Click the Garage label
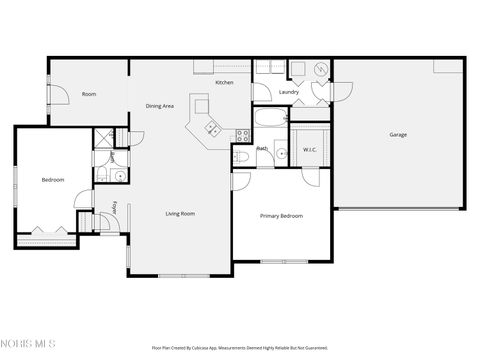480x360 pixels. point(398,134)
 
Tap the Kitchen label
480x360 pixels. point(225,83)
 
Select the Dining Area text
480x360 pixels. point(160,106)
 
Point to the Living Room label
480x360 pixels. point(180,213)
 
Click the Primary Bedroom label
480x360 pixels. point(281,216)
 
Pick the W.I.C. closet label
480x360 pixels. point(310,150)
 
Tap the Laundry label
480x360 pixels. point(290,93)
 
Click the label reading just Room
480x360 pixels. point(89,94)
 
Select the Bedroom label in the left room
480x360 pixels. point(53,180)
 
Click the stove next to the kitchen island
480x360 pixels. point(241,135)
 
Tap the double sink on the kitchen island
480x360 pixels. point(211,127)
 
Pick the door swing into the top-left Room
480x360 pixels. point(58,95)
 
